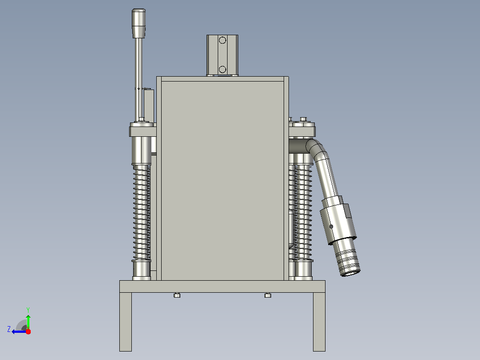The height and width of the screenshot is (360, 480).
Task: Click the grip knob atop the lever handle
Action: (x=138, y=23)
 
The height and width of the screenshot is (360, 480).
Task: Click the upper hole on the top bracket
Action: (x=223, y=40)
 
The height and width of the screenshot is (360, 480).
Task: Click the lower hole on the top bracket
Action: (x=223, y=69)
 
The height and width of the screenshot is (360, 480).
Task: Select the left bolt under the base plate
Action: (x=177, y=295)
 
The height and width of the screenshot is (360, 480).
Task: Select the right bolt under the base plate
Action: (x=268, y=295)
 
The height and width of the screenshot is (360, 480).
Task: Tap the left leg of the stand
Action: (x=126, y=322)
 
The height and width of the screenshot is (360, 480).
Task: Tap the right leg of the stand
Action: (x=319, y=322)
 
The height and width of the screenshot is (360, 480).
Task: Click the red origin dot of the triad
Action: (x=28, y=331)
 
